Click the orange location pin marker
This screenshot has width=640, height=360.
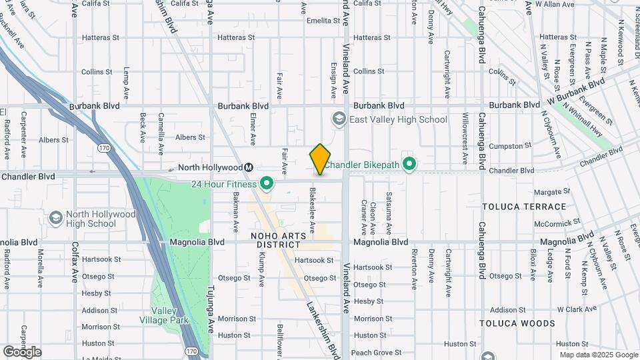pyautogui.click(x=320, y=159)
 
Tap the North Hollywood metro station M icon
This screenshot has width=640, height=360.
pyautogui.click(x=248, y=167)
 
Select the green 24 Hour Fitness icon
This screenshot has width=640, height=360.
pyautogui.click(x=267, y=183)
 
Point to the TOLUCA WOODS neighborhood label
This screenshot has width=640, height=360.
pyautogui.click(x=517, y=323)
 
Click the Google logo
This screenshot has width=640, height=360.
pyautogui.click(x=22, y=351)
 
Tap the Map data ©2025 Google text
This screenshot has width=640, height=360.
pyautogui.click(x=598, y=355)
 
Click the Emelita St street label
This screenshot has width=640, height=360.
pyautogui.click(x=323, y=21)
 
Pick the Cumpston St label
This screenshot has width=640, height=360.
pyautogui.click(x=509, y=145)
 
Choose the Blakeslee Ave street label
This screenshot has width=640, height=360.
pyautogui.click(x=312, y=209)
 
